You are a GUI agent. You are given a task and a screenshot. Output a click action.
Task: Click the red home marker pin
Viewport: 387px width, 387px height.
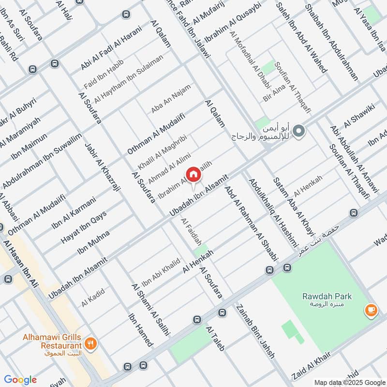click(x=193, y=174)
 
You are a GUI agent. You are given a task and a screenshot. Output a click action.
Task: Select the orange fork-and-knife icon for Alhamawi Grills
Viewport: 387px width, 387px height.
click(x=90, y=344)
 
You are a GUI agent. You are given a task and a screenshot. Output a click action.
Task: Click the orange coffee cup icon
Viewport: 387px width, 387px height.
click(x=371, y=310)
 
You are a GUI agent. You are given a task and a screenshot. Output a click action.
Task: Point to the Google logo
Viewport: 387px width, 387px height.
click(x=20, y=380)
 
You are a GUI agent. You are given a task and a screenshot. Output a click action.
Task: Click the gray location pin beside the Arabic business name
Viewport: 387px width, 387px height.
click(x=299, y=131)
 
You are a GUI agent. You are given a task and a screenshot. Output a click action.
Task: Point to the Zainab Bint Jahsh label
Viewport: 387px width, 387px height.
click(x=255, y=331)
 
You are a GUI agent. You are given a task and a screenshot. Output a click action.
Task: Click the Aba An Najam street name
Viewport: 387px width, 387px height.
click(x=171, y=99)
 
